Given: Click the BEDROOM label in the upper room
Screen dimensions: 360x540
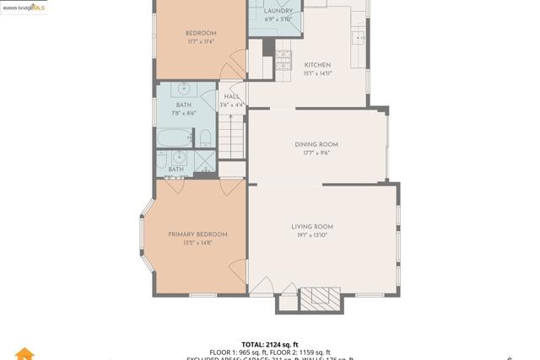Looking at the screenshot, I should coord(200,34).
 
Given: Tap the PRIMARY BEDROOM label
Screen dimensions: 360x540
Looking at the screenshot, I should coord(197,234).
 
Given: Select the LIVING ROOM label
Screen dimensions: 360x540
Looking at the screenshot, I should coord(312,227).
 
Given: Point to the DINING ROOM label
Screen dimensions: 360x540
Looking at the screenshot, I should coord(316,144).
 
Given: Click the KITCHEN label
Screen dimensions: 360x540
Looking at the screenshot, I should coord(317,65).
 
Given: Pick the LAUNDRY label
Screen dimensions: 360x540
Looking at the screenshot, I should coord(278,11).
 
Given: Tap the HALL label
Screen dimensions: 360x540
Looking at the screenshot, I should coord(232,96).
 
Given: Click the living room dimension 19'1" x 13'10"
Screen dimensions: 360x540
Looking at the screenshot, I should coord(312,235).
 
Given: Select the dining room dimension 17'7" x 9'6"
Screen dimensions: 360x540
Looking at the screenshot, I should coord(316,153).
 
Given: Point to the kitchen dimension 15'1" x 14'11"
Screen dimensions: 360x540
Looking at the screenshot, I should coord(317,73).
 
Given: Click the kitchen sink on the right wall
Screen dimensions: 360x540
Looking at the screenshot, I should coord(359,37).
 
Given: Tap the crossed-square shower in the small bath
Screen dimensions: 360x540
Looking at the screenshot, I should coord(204,160).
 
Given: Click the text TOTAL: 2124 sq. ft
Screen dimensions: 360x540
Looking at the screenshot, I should coord(270,344).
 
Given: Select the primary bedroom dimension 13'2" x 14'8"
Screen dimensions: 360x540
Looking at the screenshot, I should coord(197,243).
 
